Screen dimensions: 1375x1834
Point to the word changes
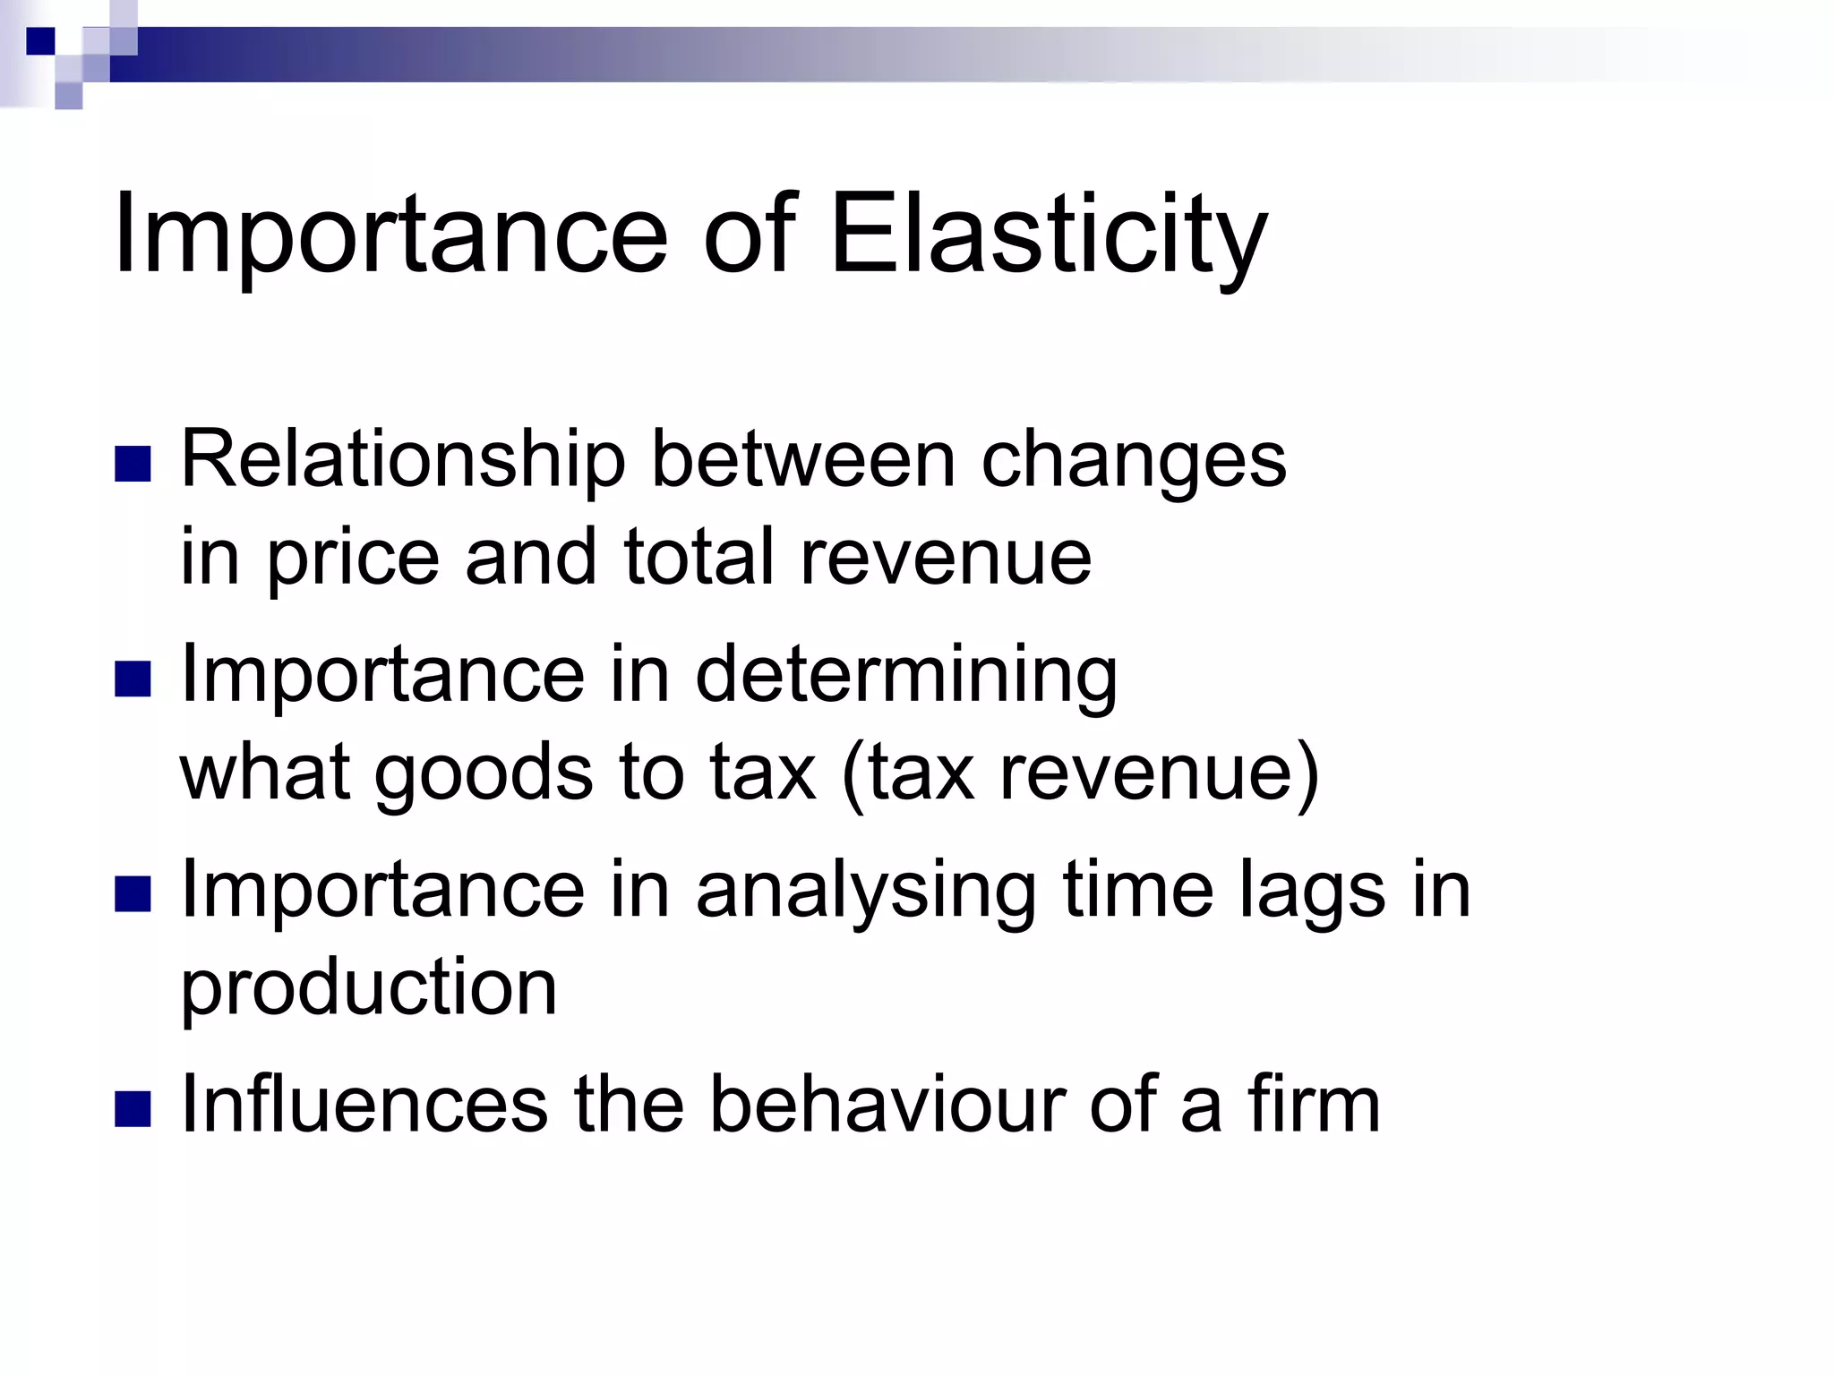coord(1134,464)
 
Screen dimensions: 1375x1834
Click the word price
coord(354,559)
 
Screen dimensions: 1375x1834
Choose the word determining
coord(906,677)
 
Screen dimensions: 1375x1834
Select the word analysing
coord(866,893)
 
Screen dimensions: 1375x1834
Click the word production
coord(369,988)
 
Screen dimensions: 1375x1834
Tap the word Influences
coord(364,1105)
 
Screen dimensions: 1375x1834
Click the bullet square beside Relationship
coord(133,465)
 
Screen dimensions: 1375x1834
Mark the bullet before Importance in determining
coord(133,679)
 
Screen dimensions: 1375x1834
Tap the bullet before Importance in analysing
coord(133,894)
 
